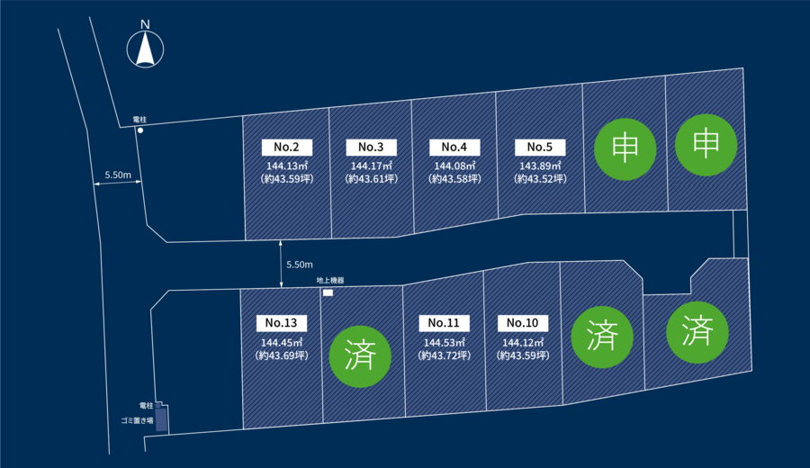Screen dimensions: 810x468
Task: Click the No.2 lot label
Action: click(x=287, y=148)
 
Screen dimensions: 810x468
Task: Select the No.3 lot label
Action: click(x=371, y=148)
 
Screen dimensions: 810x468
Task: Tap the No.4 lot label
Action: click(x=454, y=148)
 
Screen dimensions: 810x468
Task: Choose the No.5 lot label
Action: click(x=540, y=148)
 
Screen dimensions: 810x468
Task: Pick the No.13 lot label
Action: click(x=282, y=323)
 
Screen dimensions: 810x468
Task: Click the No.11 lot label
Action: click(x=445, y=323)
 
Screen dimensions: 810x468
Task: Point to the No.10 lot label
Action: click(x=523, y=323)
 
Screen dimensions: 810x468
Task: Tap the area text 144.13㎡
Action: click(x=287, y=166)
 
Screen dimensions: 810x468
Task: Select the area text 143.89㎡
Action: click(x=540, y=166)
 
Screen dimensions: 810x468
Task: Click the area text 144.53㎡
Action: click(x=445, y=343)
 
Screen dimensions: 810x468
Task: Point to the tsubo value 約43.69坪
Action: click(x=282, y=355)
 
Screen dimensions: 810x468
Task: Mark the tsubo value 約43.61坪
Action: click(x=372, y=179)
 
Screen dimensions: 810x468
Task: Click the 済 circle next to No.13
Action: click(x=360, y=356)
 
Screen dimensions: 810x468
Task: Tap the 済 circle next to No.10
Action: click(x=602, y=337)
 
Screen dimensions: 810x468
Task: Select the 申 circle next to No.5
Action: click(x=625, y=149)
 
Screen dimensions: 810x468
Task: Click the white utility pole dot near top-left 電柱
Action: click(x=140, y=130)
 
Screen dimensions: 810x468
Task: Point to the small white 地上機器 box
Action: click(x=328, y=292)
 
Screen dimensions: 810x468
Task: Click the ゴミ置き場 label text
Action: click(x=137, y=420)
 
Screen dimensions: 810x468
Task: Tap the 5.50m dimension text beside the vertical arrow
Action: click(x=300, y=265)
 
